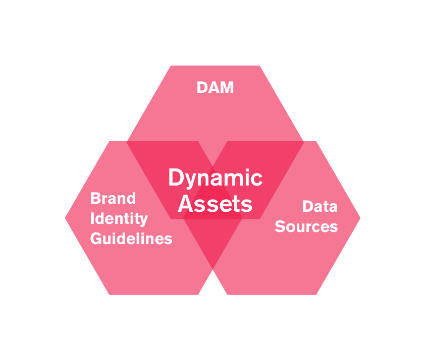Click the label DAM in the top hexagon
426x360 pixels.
click(x=216, y=87)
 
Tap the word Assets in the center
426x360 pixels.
click(x=215, y=204)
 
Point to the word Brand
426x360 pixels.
click(x=113, y=198)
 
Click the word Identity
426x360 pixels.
click(x=119, y=218)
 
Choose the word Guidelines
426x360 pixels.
click(x=131, y=238)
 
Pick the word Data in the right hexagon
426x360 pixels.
click(x=320, y=206)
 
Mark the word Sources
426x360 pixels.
click(x=306, y=226)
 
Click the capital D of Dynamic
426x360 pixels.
click(x=175, y=178)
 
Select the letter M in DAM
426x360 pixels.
click(x=227, y=87)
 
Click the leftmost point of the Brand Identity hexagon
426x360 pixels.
click(x=65, y=218)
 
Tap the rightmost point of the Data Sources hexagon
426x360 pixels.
click(x=360, y=218)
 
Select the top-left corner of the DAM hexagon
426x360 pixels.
click(x=171, y=66)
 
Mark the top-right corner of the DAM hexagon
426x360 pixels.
click(x=259, y=66)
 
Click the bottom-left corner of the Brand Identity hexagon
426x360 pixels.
click(x=109, y=294)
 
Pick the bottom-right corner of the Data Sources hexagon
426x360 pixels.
click(x=316, y=294)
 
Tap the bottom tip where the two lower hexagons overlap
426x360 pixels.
click(x=212, y=268)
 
